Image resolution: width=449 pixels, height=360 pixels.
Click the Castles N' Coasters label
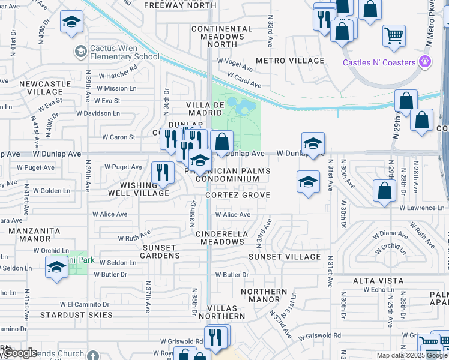pos(379,62)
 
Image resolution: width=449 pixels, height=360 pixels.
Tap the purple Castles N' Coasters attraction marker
pos(426,61)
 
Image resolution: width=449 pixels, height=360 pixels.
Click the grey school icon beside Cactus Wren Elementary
pos(80,52)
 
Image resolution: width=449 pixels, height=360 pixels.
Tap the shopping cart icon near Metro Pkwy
pos(393,36)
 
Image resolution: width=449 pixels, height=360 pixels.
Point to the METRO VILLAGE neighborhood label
pos(290,61)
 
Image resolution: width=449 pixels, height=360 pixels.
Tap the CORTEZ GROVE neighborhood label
pos(238,195)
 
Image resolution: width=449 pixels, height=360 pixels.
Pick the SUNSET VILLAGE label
pos(286,257)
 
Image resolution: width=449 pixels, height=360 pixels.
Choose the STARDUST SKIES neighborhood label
pos(76,314)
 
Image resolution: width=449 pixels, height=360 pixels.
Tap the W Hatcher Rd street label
pos(118,76)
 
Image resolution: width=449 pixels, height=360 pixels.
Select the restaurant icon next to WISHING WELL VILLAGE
pos(161,172)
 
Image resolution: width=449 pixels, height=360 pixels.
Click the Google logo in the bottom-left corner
pos(19,353)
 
